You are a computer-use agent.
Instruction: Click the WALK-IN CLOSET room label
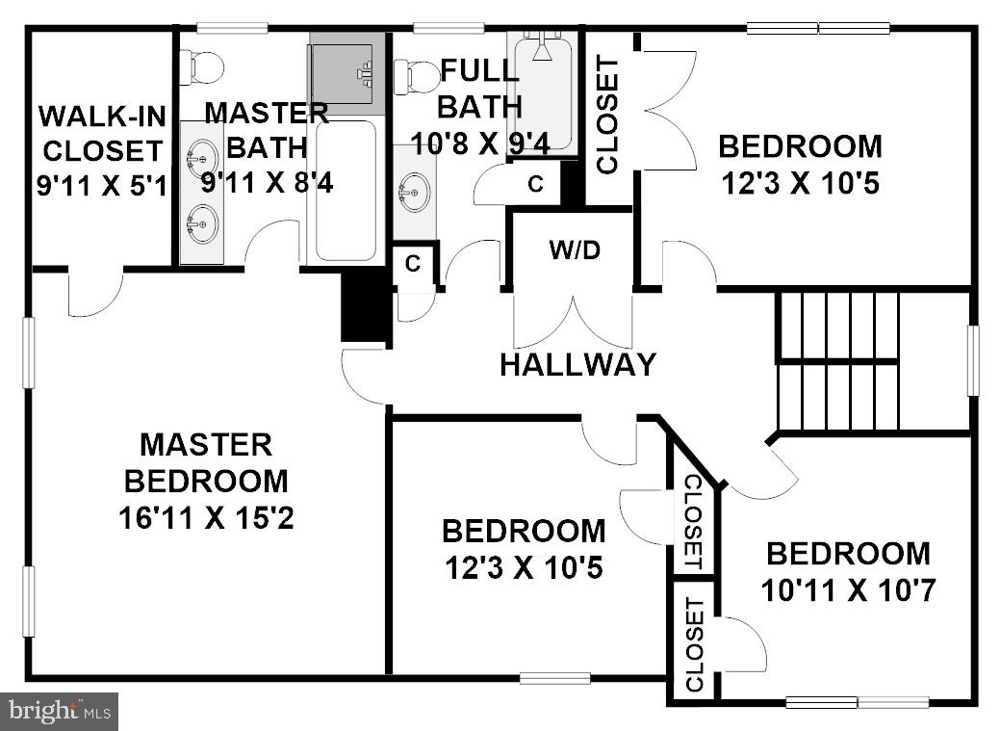tap(100, 133)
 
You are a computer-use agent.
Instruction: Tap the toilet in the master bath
tap(202, 66)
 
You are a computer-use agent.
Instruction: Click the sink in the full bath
tap(414, 192)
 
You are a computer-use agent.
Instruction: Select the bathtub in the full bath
tap(545, 91)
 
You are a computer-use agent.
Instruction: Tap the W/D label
tap(574, 250)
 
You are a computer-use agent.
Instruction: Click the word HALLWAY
tap(577, 365)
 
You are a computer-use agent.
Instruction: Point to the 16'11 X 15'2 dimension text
tap(206, 519)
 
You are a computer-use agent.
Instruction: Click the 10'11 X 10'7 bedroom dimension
tap(848, 589)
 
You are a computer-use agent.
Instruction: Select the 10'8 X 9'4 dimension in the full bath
tap(479, 144)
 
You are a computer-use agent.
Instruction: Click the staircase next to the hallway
tap(838, 361)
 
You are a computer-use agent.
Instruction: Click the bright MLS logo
tap(60, 712)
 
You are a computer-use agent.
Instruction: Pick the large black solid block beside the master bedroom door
tap(365, 306)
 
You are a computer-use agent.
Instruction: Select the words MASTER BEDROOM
tap(206, 462)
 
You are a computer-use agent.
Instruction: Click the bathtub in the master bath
tap(346, 190)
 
